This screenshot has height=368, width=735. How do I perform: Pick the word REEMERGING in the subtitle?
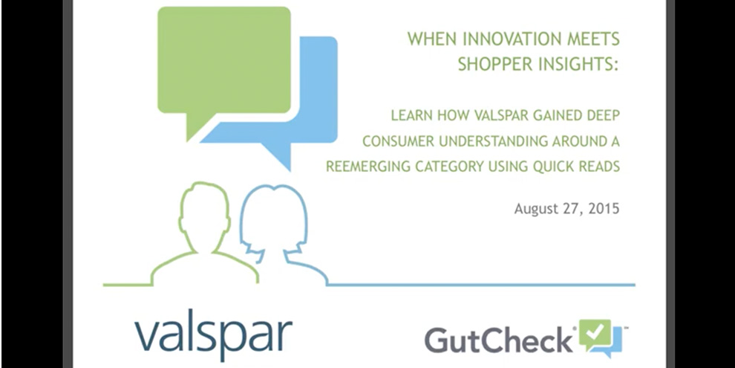(365, 166)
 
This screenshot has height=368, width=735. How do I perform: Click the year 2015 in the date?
(602, 209)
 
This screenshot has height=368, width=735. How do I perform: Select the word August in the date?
(538, 209)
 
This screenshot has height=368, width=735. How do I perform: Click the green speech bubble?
(223, 63)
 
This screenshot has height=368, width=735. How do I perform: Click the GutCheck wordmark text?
(498, 339)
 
